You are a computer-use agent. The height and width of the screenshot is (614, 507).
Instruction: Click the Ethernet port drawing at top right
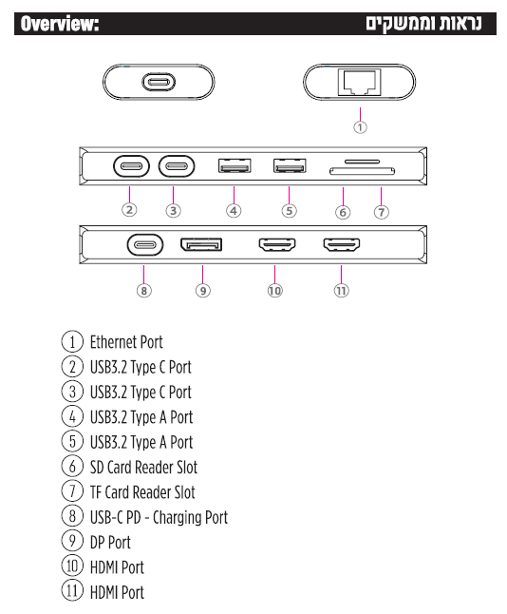(360, 82)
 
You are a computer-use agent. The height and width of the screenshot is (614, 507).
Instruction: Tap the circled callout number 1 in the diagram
(360, 127)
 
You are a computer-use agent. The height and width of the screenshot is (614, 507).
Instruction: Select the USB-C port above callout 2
(131, 166)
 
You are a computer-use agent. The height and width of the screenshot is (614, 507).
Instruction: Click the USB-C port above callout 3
(177, 166)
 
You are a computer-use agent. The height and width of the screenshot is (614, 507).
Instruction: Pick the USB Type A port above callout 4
(235, 165)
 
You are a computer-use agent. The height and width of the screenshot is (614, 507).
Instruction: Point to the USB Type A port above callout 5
(290, 165)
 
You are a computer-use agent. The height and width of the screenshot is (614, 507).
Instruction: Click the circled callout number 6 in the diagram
(343, 212)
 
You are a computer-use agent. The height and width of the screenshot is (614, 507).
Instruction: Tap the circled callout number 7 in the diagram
(382, 212)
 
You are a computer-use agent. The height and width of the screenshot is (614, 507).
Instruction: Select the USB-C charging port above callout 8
(145, 245)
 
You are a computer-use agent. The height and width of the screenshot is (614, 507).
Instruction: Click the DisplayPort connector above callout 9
(201, 244)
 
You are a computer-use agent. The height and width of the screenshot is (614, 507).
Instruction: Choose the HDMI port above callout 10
(277, 244)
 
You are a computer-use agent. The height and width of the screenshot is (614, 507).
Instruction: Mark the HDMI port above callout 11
(341, 244)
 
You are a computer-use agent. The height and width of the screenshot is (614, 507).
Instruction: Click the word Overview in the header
(60, 24)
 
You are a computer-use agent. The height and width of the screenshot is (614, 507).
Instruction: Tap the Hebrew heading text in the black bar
(423, 24)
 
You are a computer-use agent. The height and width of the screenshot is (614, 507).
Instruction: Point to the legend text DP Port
(110, 543)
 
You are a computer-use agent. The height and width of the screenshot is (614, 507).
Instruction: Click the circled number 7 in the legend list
(72, 491)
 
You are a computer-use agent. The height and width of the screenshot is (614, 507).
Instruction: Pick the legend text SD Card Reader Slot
(143, 468)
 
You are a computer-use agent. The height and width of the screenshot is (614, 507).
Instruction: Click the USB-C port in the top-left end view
(159, 83)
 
